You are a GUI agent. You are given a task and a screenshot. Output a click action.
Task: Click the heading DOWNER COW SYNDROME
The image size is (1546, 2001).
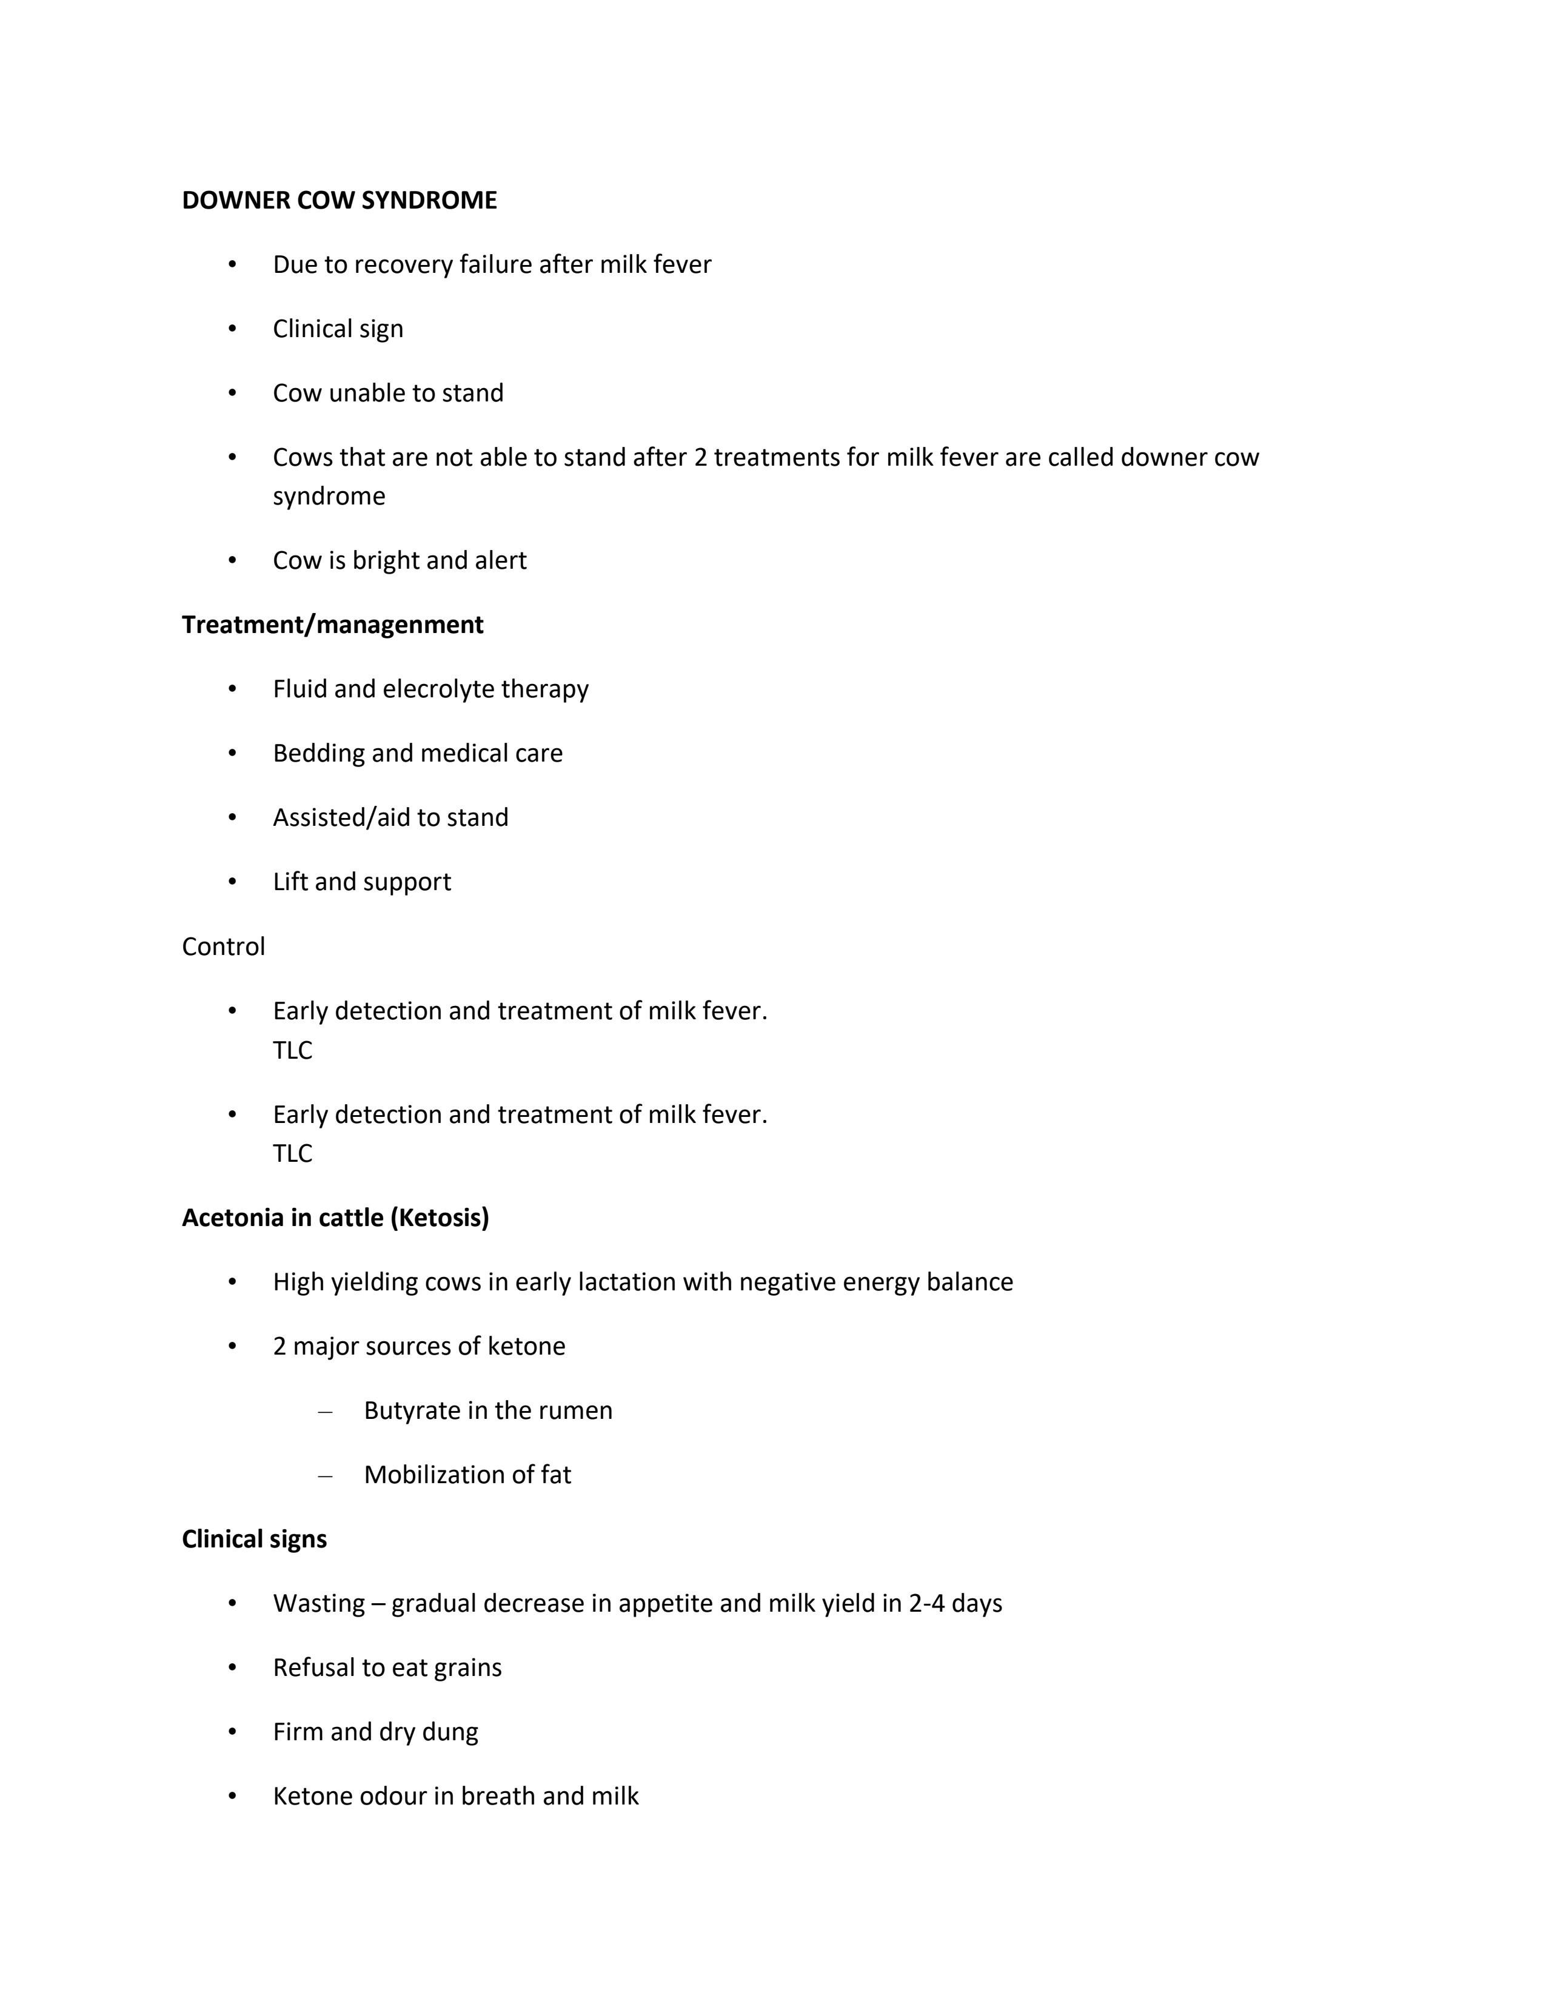pos(339,201)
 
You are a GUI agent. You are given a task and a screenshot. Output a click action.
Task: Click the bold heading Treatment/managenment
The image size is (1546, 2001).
pos(332,625)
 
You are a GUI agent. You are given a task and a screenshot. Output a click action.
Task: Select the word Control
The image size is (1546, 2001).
pos(224,947)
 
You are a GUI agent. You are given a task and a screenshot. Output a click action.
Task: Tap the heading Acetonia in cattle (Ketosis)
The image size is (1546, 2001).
pos(335,1218)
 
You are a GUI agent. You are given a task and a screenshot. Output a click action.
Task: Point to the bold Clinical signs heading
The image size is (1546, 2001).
pos(253,1539)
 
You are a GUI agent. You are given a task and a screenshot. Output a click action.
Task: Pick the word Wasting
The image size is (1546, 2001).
pos(319,1603)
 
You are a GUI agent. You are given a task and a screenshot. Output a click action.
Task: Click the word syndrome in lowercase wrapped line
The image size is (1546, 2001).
pos(329,497)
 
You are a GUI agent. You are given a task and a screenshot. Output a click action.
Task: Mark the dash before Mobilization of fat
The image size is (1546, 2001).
pos(324,1475)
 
